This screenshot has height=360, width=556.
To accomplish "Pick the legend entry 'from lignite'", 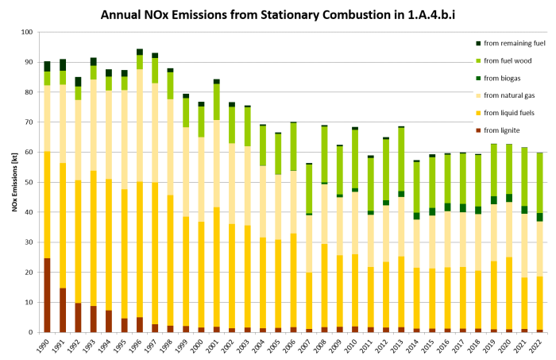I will pos(496,130).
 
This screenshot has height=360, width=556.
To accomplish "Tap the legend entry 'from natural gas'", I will pos(504,95).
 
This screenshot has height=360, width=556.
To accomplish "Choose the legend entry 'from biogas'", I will pos(497,78).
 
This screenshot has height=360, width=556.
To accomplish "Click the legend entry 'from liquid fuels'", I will pos(504,113).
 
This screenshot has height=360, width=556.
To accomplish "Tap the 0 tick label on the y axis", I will pos(32,332).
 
